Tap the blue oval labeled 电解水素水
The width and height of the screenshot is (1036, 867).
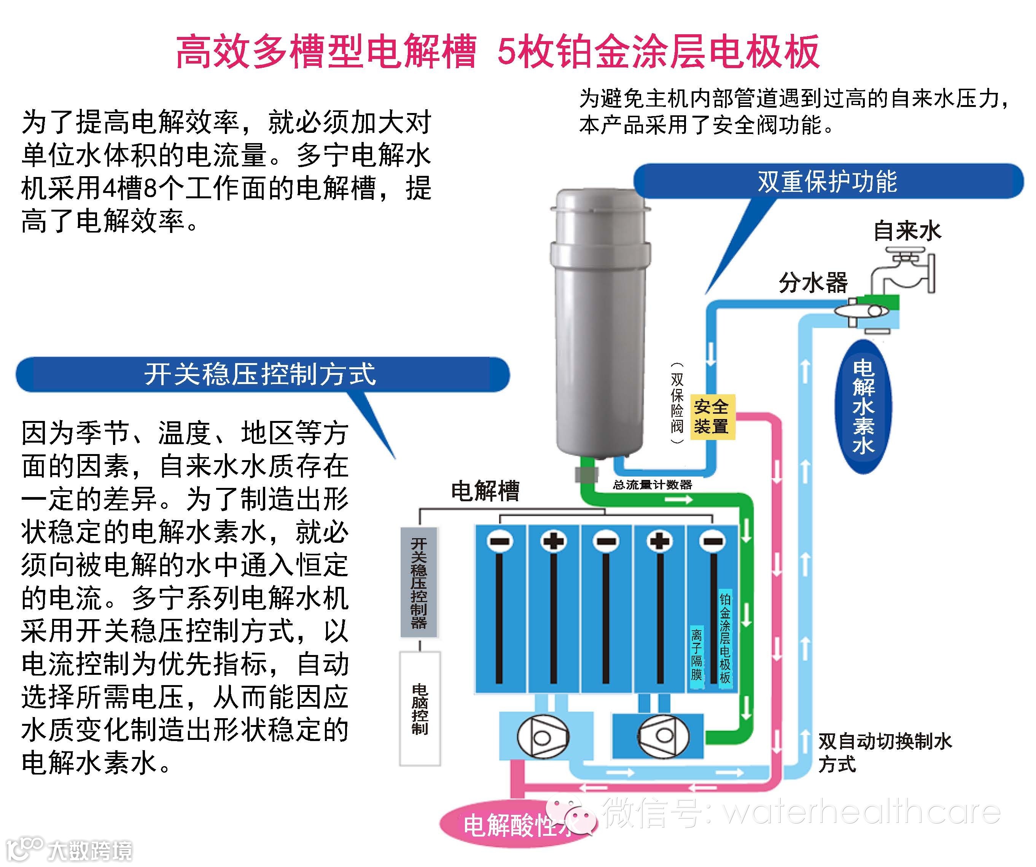(863, 407)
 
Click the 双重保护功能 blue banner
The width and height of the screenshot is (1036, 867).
(828, 182)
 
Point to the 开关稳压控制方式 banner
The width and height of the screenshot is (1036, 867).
(261, 375)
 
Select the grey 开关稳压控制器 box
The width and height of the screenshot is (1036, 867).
(419, 582)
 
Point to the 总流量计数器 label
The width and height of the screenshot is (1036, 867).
(652, 485)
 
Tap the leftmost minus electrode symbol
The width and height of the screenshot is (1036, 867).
(500, 541)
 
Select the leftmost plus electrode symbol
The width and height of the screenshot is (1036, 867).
(553, 541)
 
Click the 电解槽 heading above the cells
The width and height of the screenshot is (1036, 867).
(485, 491)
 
